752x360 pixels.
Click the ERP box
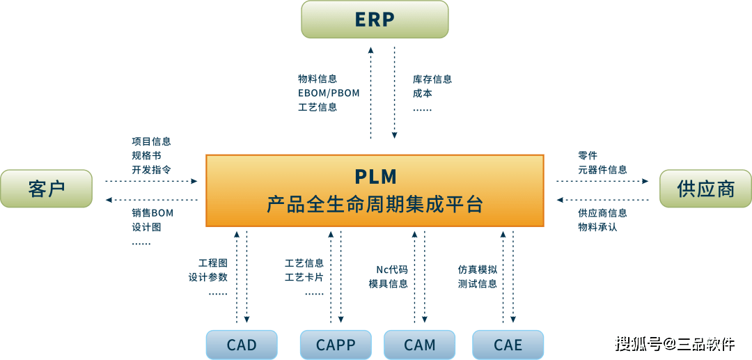(375, 19)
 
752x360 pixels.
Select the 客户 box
(47, 189)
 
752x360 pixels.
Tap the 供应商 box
(705, 189)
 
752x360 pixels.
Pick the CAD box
(242, 345)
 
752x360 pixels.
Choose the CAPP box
(336, 345)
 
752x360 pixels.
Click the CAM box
(420, 345)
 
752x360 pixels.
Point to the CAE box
(508, 345)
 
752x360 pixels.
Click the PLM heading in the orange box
(375, 175)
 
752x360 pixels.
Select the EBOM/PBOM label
(329, 93)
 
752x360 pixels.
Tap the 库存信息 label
(432, 79)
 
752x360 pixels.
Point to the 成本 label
(422, 93)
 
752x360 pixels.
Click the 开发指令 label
(151, 169)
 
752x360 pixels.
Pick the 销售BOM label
(152, 213)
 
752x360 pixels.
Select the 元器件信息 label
(602, 169)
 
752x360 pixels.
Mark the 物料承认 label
(597, 227)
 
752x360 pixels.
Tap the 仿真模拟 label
(477, 269)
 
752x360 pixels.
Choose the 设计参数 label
(207, 277)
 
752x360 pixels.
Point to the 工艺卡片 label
(304, 277)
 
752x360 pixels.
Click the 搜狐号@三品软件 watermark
(673, 343)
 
